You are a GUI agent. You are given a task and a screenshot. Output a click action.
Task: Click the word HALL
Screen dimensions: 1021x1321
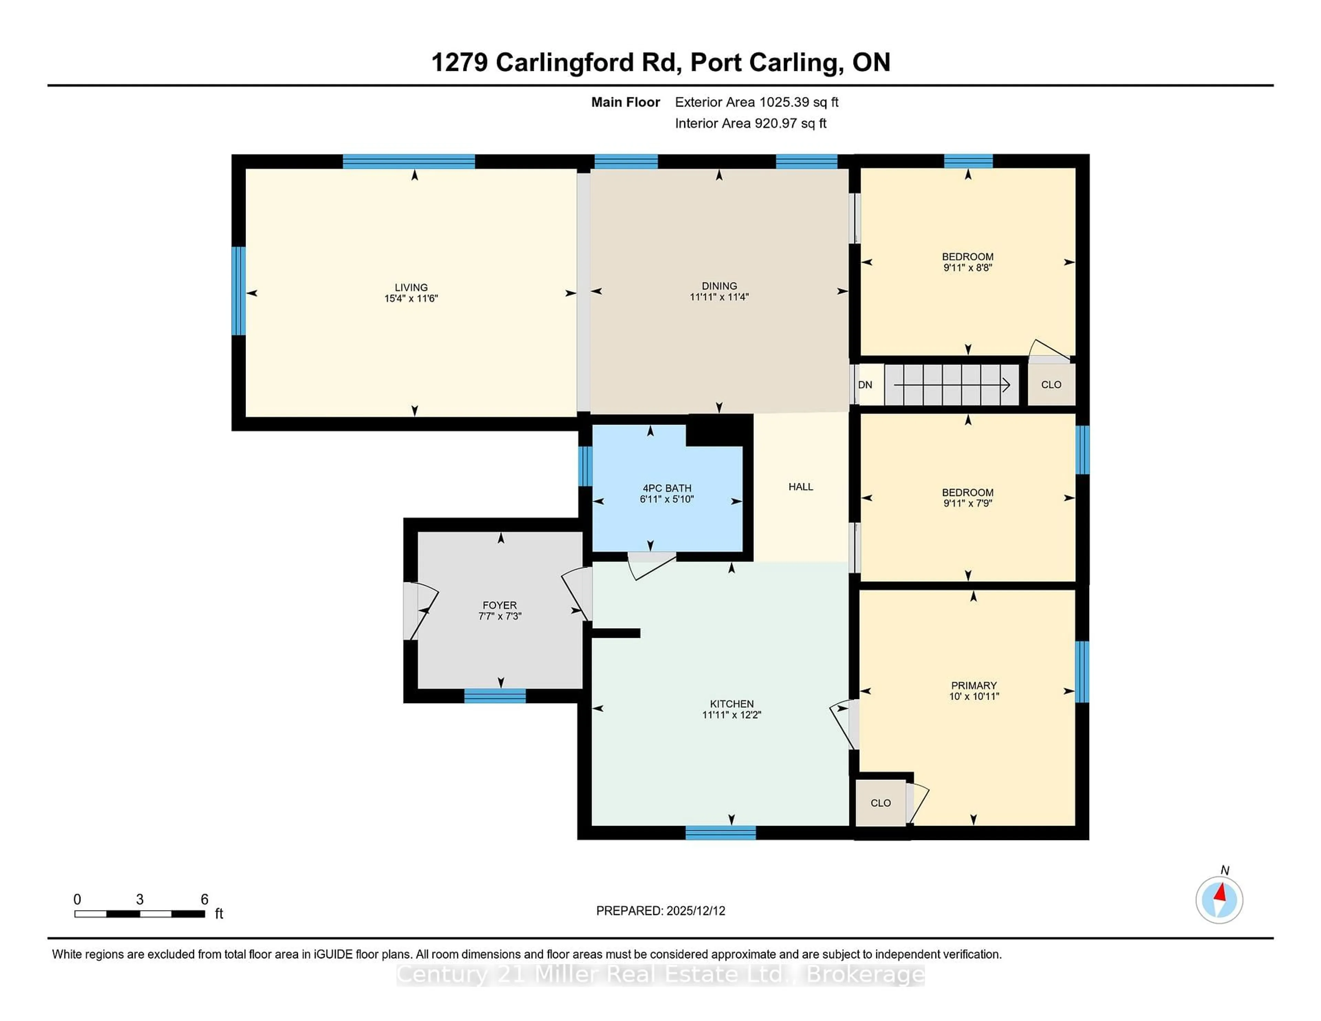click(800, 487)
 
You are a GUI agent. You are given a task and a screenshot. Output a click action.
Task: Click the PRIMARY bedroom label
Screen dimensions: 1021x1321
click(973, 685)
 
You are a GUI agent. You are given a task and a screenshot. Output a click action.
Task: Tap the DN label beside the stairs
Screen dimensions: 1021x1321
click(865, 385)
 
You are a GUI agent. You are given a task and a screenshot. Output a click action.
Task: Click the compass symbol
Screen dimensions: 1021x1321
click(1219, 900)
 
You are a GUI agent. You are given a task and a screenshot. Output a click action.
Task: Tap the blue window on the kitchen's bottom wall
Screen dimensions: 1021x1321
click(720, 833)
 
